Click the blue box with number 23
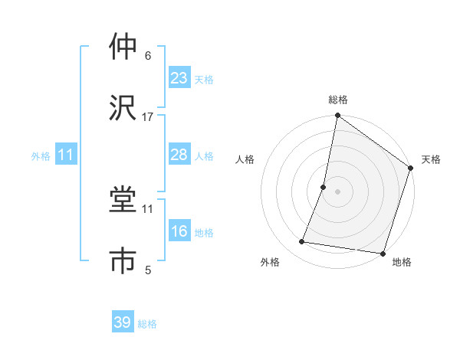[179, 78]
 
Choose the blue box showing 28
[179, 155]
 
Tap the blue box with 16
[179, 231]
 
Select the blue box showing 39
[123, 322]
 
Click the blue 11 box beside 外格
[66, 155]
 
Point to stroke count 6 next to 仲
[148, 56]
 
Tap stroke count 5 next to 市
[148, 270]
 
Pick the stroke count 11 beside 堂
[148, 208]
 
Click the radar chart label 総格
[338, 100]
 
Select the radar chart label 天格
[431, 159]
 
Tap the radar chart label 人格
[245, 159]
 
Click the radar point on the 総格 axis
[337, 116]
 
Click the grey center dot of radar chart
[337, 191]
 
